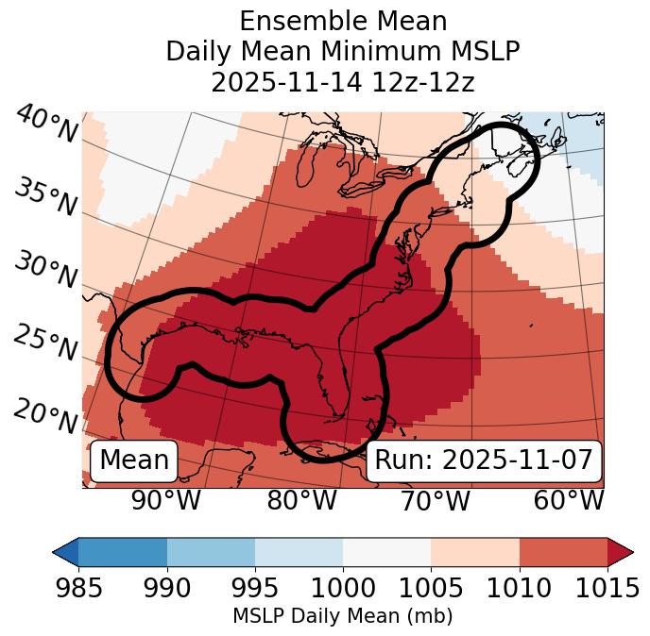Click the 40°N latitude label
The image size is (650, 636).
pos(45,125)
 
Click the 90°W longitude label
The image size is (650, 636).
pos(166,500)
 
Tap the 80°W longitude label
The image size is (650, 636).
pos(301,500)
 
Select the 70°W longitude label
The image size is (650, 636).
pos(435,500)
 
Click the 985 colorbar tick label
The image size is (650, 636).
pos(78,588)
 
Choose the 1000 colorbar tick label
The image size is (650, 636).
pos(343,588)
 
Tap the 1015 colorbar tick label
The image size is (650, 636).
pos(607,588)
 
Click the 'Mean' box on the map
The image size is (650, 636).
pos(134,460)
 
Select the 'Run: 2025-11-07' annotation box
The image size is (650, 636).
pos(484,460)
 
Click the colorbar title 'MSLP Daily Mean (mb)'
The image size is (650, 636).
pos(342,616)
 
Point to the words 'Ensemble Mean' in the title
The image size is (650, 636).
pos(343,21)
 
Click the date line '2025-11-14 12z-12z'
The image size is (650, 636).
pos(343,82)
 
